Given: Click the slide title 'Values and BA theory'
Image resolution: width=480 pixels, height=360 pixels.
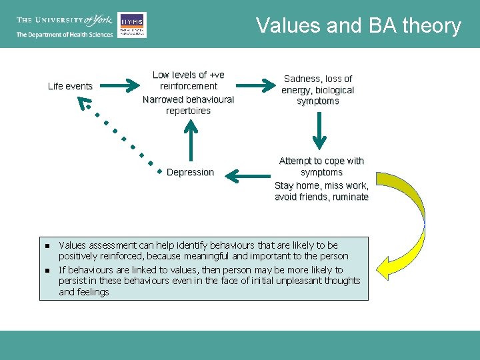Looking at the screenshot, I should [359, 26].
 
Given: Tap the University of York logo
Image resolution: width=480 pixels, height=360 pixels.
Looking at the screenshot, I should [64, 21].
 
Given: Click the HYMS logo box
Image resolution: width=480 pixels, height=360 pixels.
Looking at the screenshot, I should [132, 25].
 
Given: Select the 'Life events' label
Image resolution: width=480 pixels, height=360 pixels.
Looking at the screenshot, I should [70, 86].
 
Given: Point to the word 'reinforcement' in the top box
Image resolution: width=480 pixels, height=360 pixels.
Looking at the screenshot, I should [189, 86].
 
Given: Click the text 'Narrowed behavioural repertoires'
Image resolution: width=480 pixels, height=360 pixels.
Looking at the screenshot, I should [189, 105].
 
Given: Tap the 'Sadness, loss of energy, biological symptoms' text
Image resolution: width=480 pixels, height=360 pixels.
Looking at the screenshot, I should [318, 90].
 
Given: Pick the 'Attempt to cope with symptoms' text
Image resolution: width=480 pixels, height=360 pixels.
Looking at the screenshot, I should [321, 166].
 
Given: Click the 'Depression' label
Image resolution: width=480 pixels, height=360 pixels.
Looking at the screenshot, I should [190, 172].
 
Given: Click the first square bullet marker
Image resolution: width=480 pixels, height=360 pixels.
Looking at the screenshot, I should [47, 246].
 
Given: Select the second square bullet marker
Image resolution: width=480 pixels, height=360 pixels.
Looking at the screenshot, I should [47, 270].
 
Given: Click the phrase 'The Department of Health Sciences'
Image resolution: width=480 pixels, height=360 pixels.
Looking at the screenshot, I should [64, 35].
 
